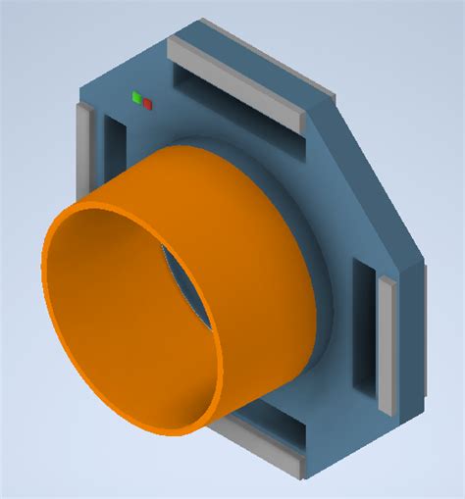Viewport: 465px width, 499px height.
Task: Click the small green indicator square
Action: pyautogui.click(x=138, y=97)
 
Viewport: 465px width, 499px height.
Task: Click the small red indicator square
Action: pyautogui.click(x=148, y=103)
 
